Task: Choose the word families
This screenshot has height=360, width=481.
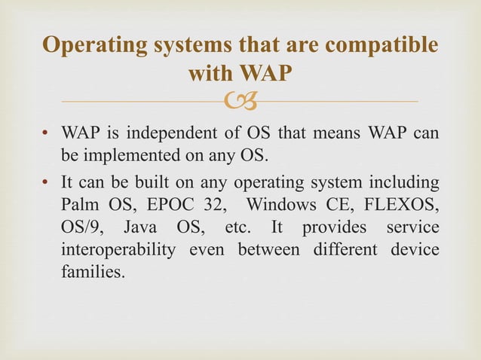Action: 91,271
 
